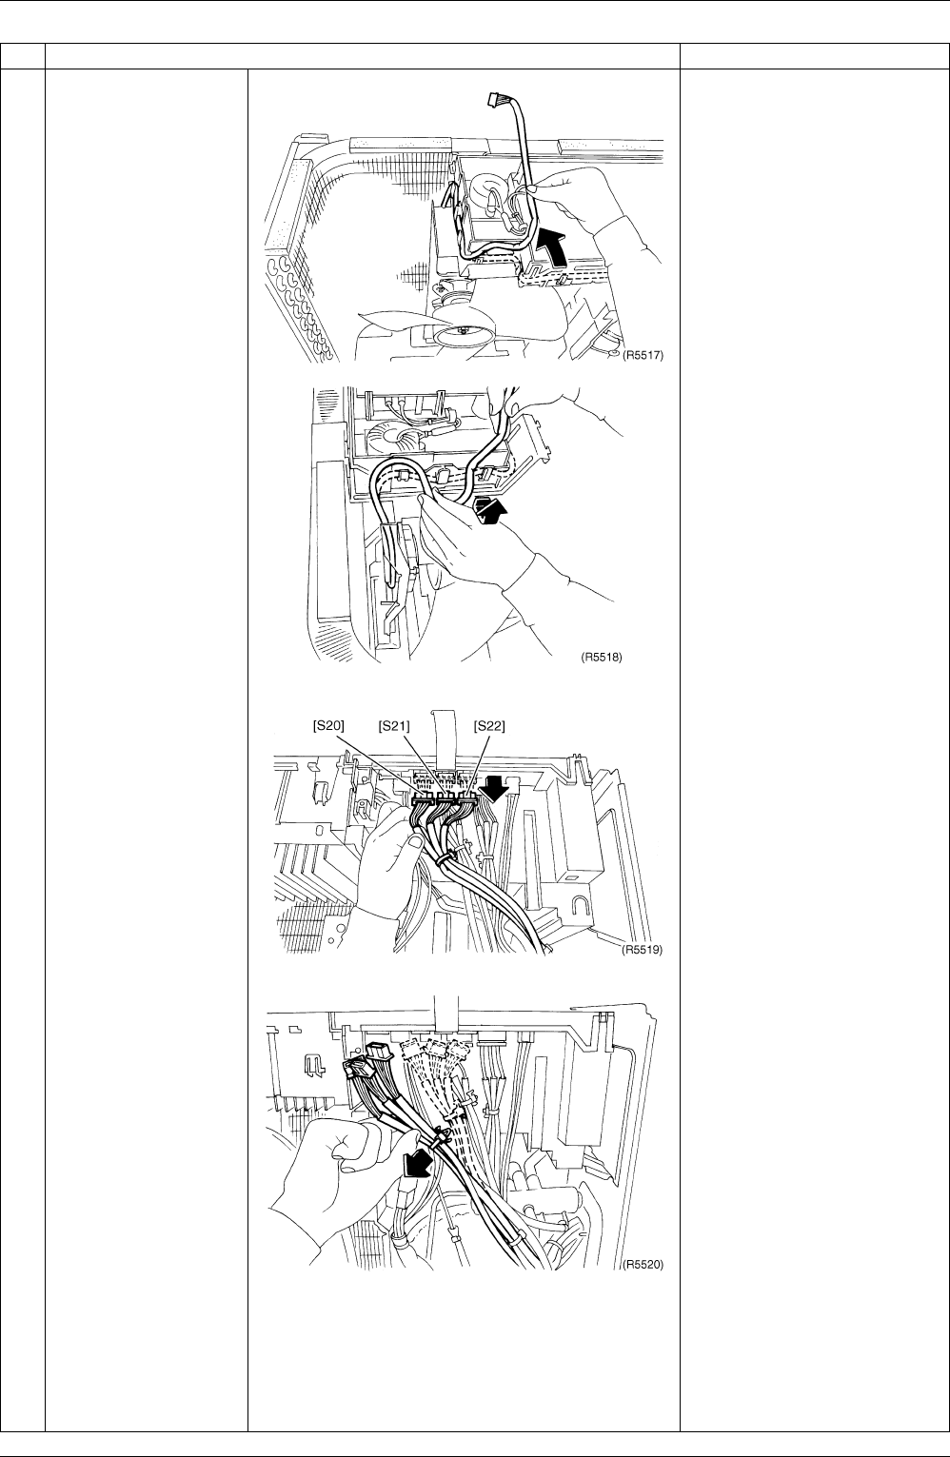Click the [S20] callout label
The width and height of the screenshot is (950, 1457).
pos(328,725)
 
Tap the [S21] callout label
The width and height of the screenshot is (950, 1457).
pos(394,725)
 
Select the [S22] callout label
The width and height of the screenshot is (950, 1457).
pos(489,725)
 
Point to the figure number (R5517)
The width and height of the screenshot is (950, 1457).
pos(643,355)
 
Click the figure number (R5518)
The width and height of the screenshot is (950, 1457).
pos(602,657)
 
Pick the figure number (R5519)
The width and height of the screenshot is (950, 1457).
pos(643,950)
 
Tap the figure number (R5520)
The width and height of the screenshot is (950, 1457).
pos(643,1265)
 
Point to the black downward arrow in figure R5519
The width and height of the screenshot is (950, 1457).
pos(491,788)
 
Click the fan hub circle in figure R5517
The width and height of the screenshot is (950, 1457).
pos(462,333)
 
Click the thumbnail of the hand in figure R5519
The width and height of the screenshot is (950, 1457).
pos(414,842)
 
